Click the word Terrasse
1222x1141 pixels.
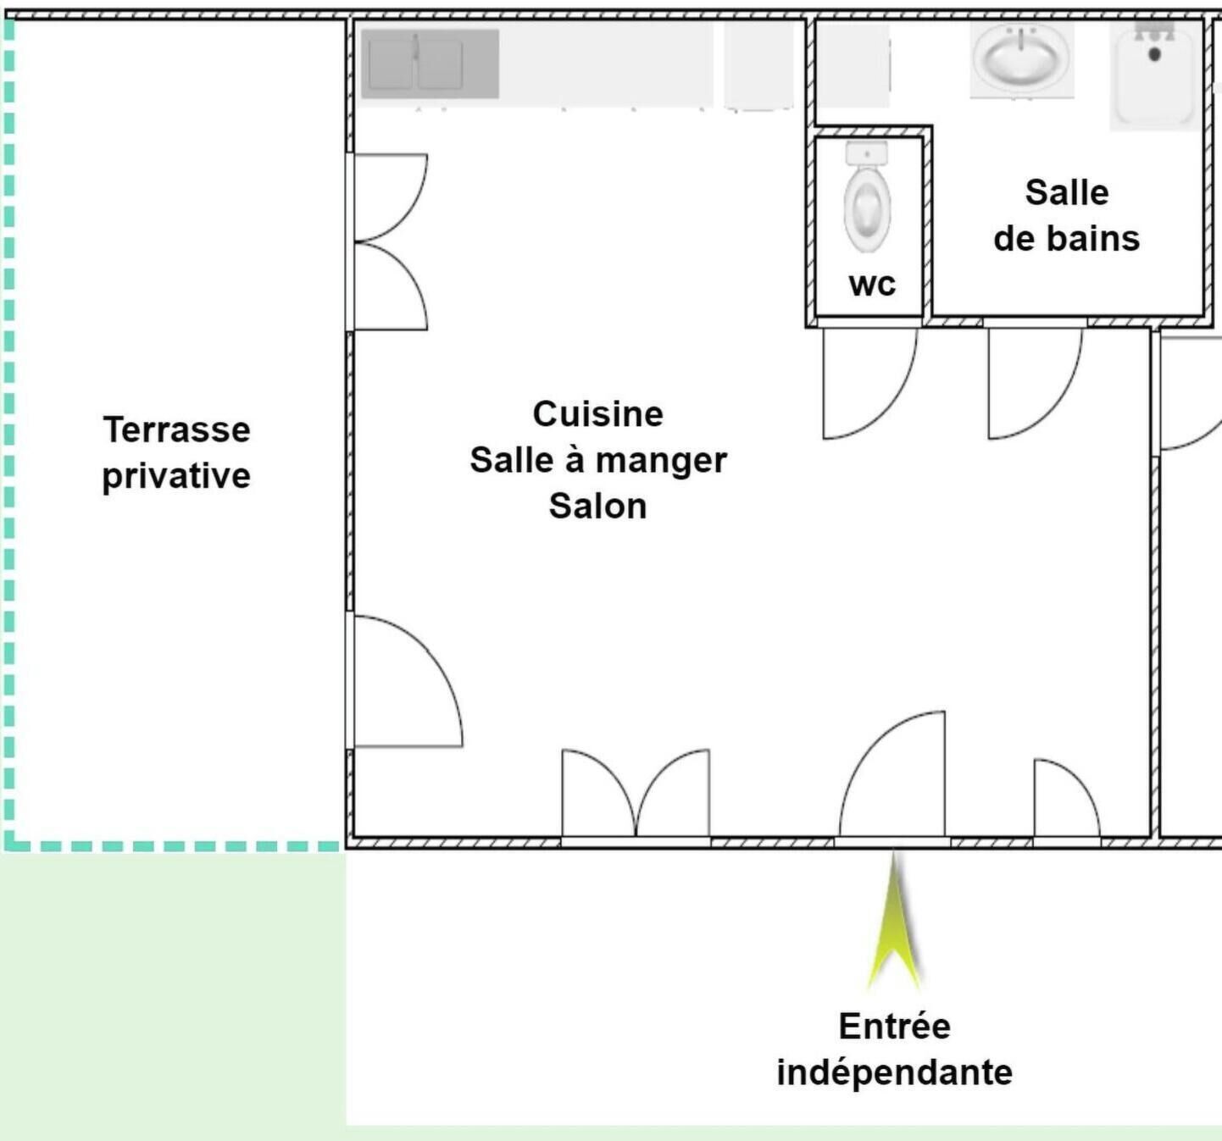tap(176, 429)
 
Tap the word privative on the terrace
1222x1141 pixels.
tap(176, 476)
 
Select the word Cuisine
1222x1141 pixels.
tap(598, 413)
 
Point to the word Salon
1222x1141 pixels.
tap(598, 507)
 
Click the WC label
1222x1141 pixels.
tap(872, 284)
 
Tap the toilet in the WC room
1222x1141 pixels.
tap(868, 197)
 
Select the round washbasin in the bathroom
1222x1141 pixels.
tap(1022, 59)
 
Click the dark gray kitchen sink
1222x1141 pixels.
tap(430, 64)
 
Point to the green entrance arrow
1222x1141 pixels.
tap(894, 920)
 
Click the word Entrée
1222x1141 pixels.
tap(895, 1027)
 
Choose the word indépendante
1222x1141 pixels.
tap(895, 1073)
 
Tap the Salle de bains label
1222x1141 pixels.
tap(1067, 215)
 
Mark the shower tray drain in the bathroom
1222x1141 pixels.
tap(1154, 54)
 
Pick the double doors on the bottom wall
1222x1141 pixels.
tap(636, 794)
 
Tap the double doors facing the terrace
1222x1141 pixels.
tap(390, 241)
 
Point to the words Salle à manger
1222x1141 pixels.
tap(598, 460)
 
